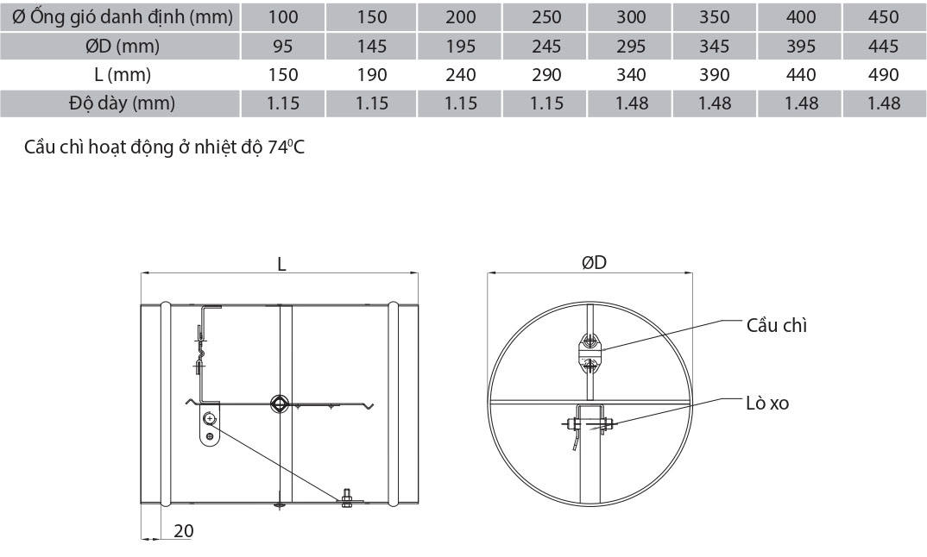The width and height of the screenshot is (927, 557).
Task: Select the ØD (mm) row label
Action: (123, 46)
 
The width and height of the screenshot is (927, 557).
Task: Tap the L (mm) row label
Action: (123, 74)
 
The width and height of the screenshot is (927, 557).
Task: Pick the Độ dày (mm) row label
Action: (123, 103)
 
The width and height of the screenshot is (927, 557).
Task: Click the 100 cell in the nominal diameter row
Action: (283, 16)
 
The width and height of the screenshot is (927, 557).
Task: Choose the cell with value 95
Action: (283, 46)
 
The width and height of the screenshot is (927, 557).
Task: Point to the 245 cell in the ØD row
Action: (546, 46)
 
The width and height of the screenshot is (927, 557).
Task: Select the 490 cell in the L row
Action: (884, 74)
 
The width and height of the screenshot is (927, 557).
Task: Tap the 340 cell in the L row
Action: (631, 74)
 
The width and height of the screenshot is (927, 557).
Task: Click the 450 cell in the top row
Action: (884, 16)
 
